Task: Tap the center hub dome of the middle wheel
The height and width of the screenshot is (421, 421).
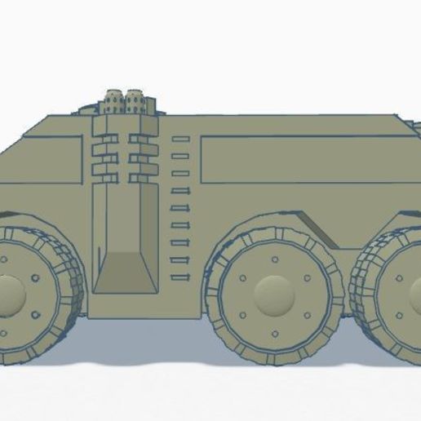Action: [273, 292]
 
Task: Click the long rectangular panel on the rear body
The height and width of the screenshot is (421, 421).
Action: [302, 158]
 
